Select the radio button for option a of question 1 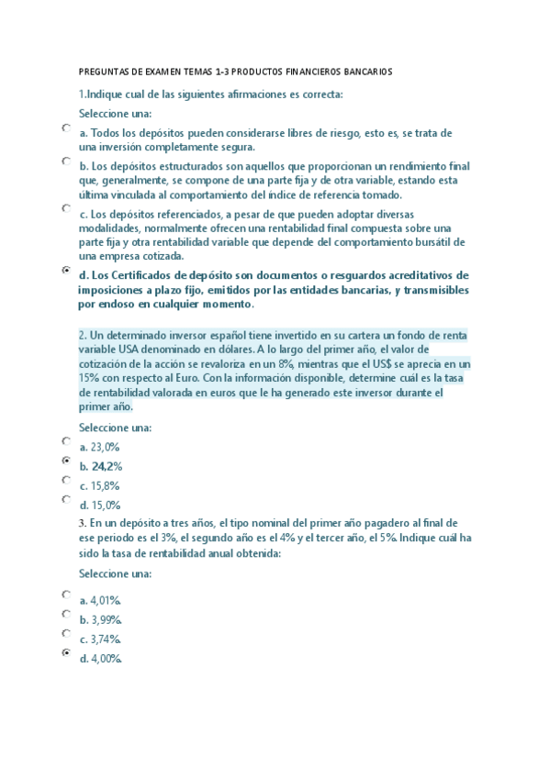pos(66,129)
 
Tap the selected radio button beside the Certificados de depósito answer pos(66,271)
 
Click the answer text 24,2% pos(107,466)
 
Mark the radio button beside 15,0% pos(66,500)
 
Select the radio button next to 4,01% pos(66,595)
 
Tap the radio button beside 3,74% pos(66,633)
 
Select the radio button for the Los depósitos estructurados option pos(66,161)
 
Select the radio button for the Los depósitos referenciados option pos(66,209)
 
